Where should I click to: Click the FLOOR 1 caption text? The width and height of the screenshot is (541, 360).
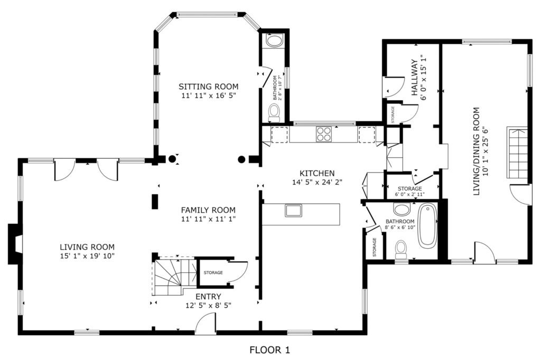pos(269,349)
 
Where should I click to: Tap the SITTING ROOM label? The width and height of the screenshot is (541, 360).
pos(208,87)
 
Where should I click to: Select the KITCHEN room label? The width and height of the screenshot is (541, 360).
pos(317,173)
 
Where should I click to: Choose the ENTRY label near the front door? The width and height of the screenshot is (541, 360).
pos(208,297)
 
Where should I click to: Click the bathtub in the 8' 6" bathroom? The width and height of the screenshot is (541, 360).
pos(428,226)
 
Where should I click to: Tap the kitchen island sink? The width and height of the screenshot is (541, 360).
pos(293,211)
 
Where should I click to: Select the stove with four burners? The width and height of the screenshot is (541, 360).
pos(323,134)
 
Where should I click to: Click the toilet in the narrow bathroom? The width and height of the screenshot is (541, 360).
pos(274,111)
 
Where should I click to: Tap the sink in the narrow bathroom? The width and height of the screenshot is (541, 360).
pos(274,41)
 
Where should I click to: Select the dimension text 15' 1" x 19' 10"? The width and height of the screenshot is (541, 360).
pos(87,256)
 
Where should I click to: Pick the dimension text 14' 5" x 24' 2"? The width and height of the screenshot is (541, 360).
pos(317,183)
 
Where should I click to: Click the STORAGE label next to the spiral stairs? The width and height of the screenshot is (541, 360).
pos(213,272)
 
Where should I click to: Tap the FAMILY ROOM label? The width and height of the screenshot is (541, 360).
pos(208,210)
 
